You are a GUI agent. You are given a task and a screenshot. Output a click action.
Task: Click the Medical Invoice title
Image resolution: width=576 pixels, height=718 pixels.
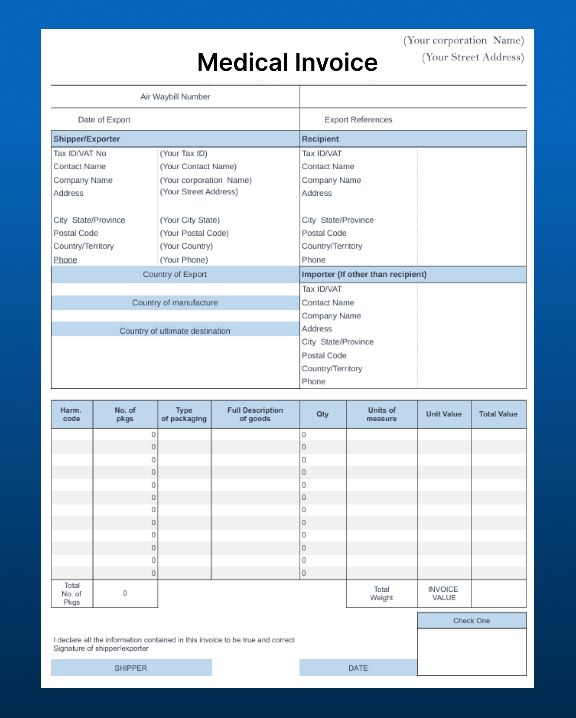tap(287, 62)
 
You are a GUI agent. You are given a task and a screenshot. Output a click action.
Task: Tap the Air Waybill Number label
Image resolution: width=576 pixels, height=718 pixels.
tap(175, 97)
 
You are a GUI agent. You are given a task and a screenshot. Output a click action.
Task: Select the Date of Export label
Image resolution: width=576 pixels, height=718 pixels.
tap(104, 120)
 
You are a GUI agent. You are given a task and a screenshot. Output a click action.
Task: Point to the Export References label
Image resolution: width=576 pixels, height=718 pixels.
tap(358, 120)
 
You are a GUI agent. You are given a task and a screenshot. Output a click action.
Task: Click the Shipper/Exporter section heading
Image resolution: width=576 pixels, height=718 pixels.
tap(86, 139)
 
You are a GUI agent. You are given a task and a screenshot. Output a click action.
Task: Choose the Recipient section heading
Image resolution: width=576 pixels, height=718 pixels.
tap(320, 139)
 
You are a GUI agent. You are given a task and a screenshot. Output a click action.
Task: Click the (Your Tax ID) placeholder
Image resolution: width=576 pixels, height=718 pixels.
tap(184, 153)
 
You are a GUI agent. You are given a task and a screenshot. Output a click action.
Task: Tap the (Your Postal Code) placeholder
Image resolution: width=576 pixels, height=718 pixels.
tap(194, 233)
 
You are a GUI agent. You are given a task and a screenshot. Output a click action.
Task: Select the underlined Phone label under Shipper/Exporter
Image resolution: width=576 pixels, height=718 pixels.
tap(65, 260)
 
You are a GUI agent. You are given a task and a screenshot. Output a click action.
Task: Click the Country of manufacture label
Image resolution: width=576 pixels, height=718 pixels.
tap(175, 303)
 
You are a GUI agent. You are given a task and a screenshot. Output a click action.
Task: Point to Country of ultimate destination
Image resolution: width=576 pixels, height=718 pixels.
tap(175, 331)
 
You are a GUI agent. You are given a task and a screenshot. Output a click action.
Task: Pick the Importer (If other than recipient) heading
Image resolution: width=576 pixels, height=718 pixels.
tap(364, 275)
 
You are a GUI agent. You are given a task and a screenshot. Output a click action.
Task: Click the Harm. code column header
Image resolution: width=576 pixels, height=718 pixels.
tap(71, 414)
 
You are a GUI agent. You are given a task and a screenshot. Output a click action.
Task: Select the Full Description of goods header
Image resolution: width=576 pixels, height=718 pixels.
tap(255, 414)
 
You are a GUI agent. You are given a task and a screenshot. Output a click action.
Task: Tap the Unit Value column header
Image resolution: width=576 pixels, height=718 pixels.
tap(444, 414)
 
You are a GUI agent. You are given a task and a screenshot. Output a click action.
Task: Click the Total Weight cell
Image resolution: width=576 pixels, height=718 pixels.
tap(381, 594)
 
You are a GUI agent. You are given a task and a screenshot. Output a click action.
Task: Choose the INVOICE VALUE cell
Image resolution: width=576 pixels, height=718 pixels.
tap(444, 594)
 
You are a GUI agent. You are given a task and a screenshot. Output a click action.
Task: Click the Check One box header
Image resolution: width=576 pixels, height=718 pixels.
tap(472, 621)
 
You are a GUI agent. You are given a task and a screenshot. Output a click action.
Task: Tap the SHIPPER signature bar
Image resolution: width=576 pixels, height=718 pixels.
tap(131, 668)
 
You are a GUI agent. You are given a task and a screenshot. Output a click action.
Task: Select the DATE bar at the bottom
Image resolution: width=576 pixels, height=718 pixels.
tap(358, 668)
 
